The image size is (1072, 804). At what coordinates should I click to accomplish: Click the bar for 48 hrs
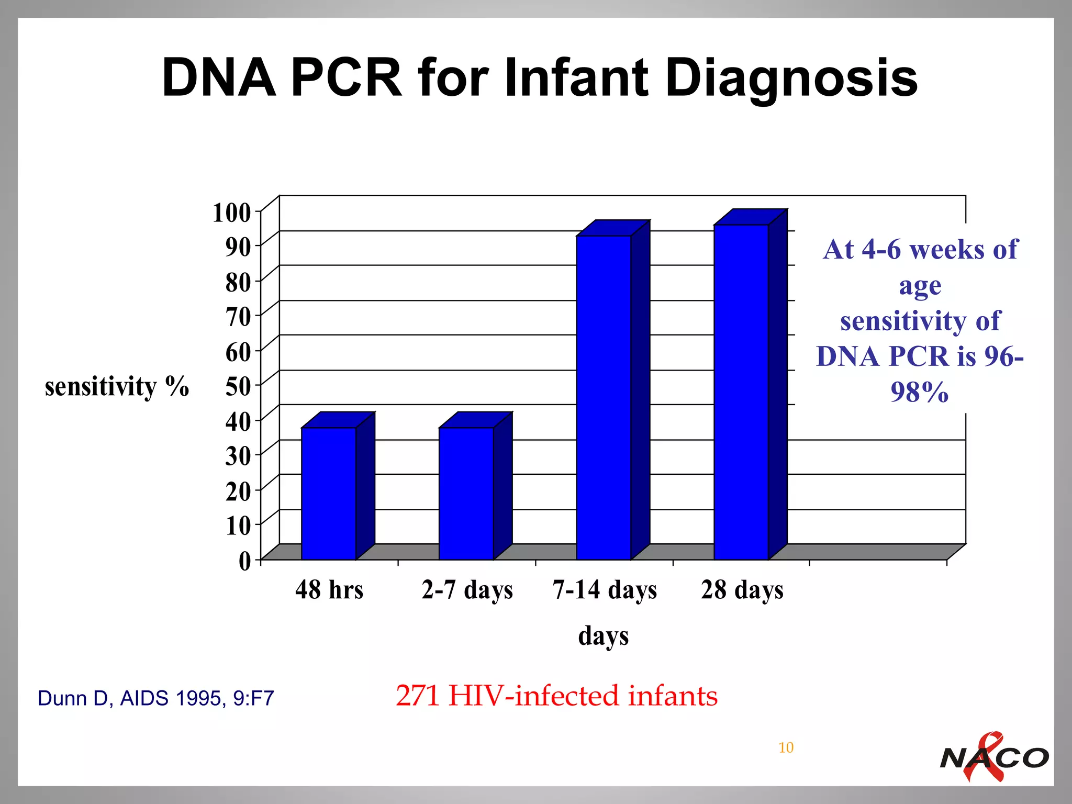point(328,493)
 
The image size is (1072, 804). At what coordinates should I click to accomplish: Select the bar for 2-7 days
point(466,493)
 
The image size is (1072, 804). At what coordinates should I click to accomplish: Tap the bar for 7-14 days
point(604,397)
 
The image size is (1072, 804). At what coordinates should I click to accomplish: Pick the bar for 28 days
point(741,392)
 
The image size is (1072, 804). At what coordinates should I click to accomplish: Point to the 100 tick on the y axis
point(231,213)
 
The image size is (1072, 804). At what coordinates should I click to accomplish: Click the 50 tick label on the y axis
point(238,386)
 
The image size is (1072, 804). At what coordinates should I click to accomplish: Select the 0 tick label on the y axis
point(245,561)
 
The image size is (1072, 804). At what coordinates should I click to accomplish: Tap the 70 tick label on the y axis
point(238,317)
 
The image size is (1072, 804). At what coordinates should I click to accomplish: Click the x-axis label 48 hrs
point(329,590)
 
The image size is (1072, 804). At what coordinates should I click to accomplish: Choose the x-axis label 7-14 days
point(605,590)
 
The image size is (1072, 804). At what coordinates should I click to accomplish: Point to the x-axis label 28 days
point(742,590)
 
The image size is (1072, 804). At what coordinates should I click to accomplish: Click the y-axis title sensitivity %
point(117,387)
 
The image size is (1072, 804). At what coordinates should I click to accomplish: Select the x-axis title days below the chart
point(603,636)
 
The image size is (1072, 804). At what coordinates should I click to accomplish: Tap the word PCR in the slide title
point(346,78)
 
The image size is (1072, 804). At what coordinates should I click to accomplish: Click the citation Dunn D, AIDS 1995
point(156,698)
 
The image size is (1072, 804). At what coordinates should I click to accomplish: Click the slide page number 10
point(786,747)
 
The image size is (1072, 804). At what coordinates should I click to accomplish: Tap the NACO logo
point(993,757)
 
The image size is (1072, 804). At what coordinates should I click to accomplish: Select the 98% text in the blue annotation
point(919,392)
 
